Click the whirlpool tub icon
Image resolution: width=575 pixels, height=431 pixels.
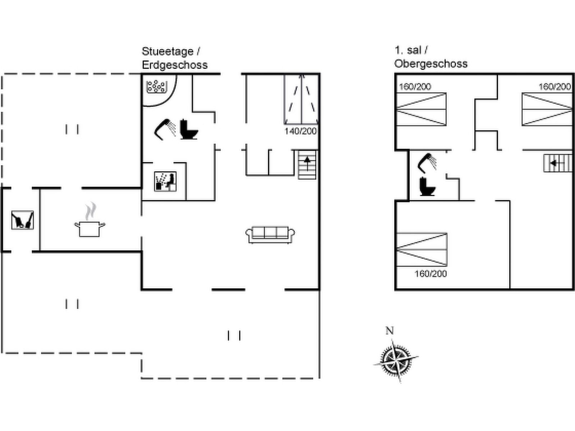(x=156, y=87)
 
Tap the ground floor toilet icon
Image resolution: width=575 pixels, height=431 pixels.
(x=189, y=129)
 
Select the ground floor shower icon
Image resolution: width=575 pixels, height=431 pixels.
(x=165, y=130)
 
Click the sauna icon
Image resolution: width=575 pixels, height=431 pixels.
(x=165, y=182)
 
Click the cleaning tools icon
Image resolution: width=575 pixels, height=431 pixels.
(x=23, y=220)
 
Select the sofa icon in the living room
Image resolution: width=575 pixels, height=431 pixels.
(x=270, y=235)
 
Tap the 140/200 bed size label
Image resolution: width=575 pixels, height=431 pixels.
(x=300, y=131)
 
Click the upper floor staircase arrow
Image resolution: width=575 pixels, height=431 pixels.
(x=556, y=163)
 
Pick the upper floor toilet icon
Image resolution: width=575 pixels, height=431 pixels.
(x=427, y=186)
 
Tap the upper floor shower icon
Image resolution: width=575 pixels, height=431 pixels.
(x=427, y=163)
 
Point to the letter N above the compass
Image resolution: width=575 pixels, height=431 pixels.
(x=390, y=331)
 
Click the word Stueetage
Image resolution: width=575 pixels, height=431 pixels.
(x=167, y=51)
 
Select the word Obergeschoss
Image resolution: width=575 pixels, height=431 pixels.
(x=431, y=64)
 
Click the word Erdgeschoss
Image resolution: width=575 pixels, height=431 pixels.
(x=175, y=65)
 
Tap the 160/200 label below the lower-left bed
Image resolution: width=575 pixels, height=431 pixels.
(x=431, y=274)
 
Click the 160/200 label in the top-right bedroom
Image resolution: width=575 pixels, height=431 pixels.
(x=555, y=87)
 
